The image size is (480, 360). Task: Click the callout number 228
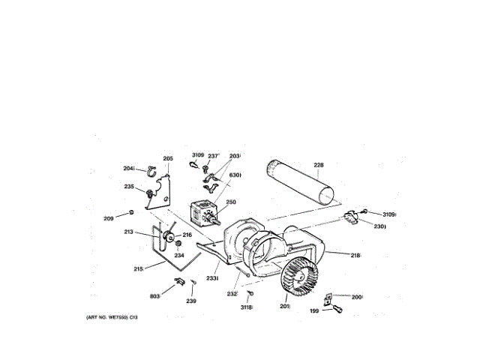319,165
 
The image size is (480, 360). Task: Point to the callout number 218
355,256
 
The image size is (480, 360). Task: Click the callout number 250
231,202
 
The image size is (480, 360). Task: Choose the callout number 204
128,168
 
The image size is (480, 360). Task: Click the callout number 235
129,187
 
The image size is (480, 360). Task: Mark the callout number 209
109,218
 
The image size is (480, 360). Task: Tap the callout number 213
128,232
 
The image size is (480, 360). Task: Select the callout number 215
138,269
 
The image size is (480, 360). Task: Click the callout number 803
154,296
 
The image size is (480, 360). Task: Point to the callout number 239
191,301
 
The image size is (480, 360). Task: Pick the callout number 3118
246,307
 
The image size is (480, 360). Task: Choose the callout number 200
357,297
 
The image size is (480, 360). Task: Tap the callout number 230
380,226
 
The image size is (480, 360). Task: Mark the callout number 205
168,158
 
